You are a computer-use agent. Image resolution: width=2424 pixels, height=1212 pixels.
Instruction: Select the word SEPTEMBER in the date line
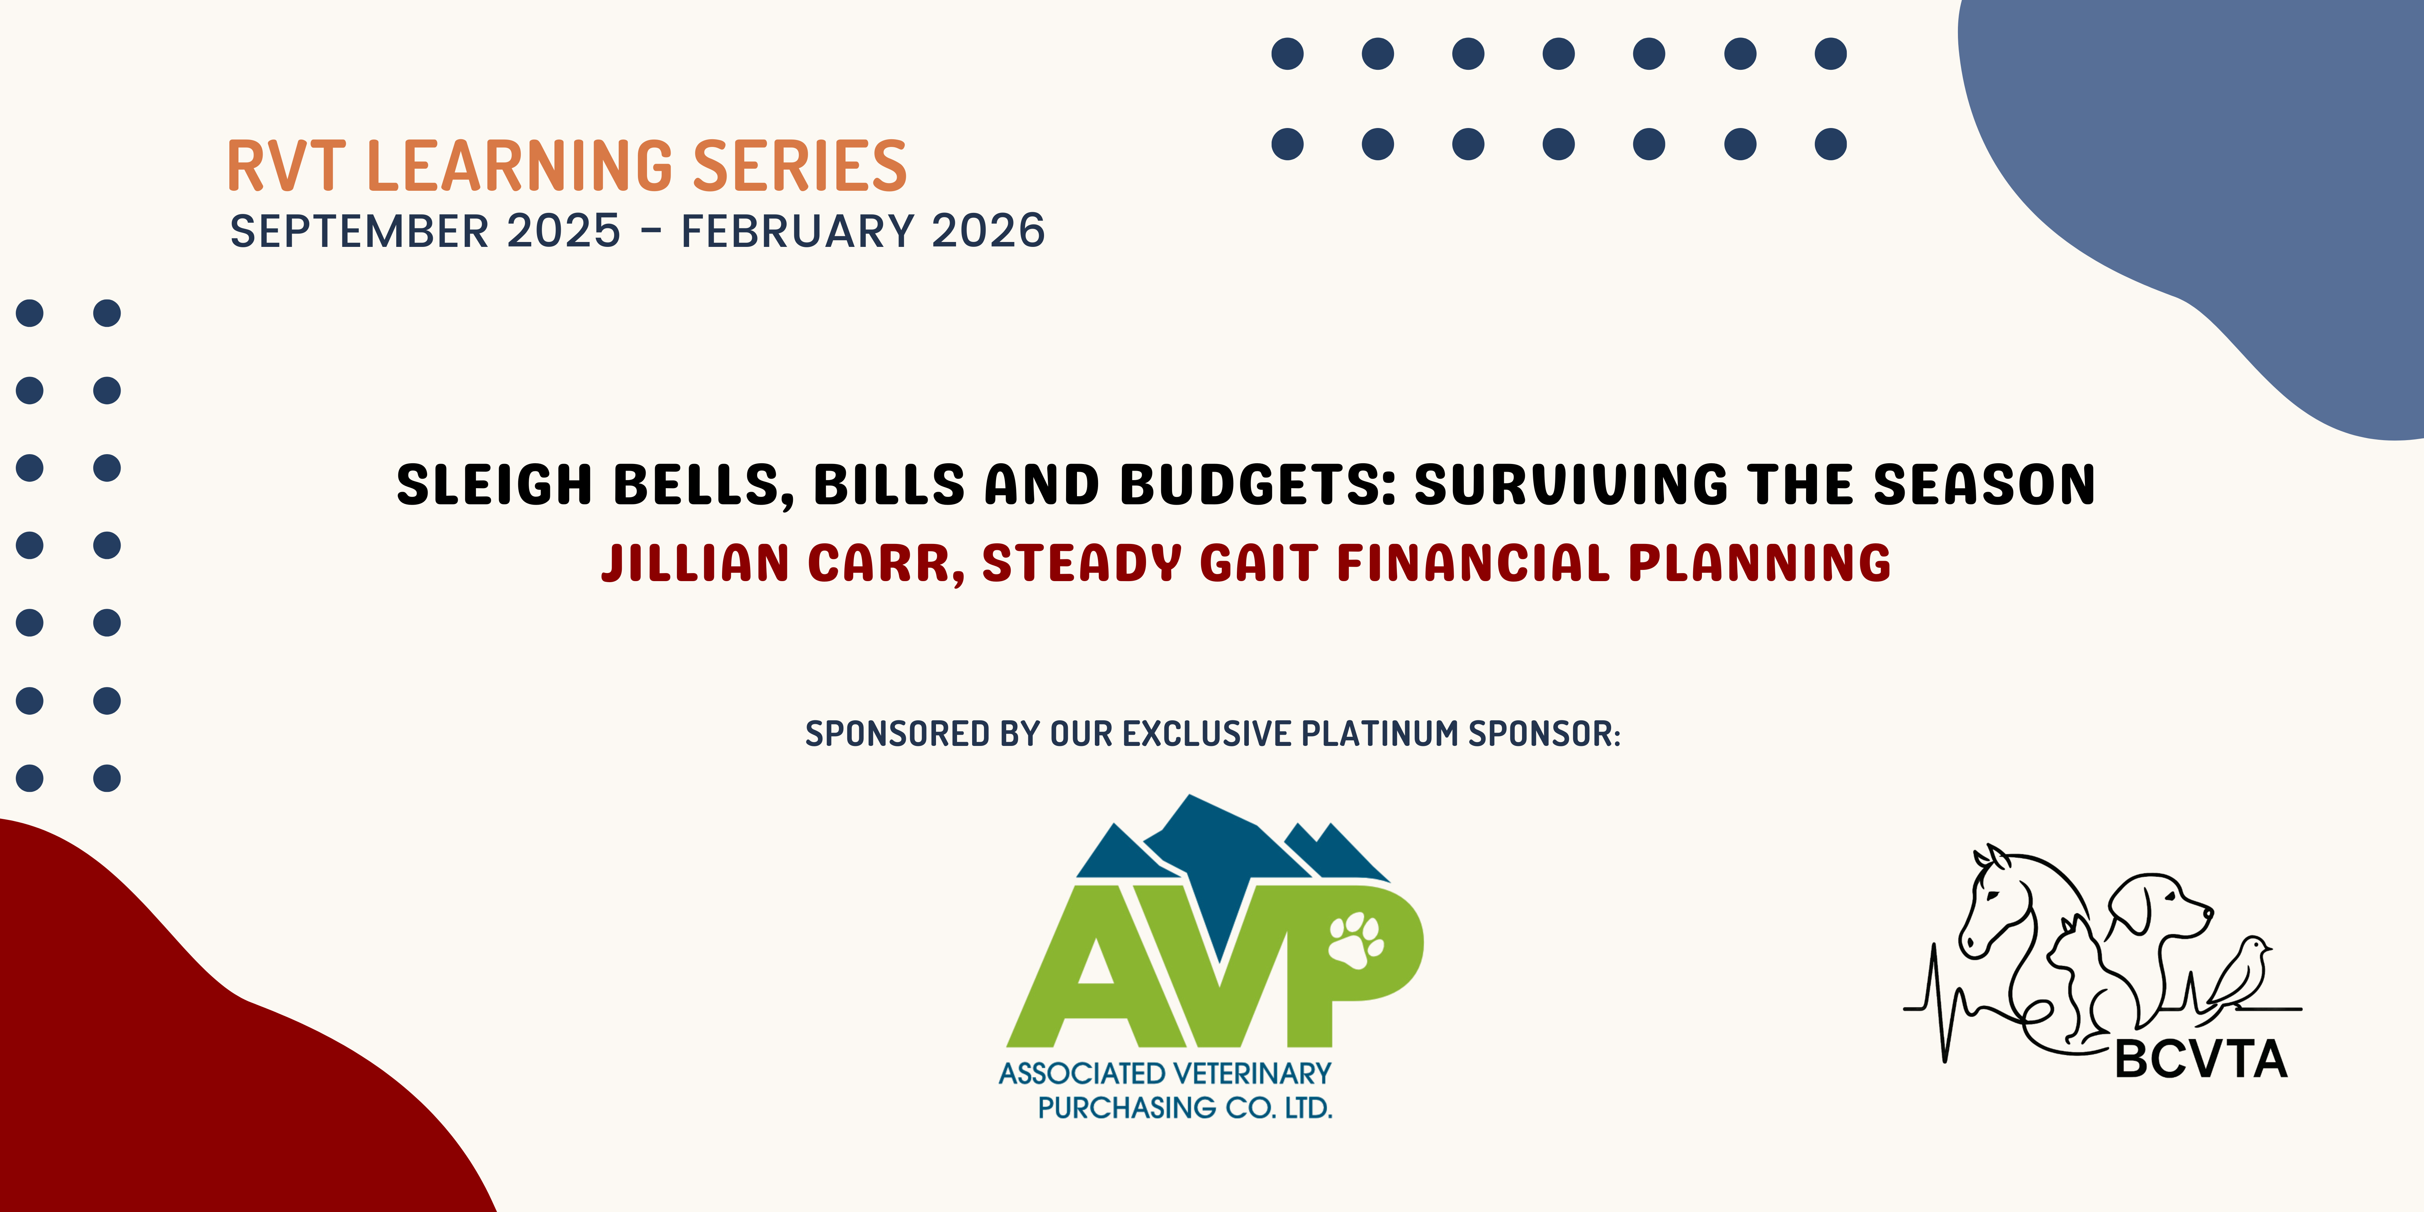pyautogui.click(x=359, y=231)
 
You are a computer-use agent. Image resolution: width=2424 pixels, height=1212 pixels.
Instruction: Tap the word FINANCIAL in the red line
pyautogui.click(x=1474, y=563)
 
